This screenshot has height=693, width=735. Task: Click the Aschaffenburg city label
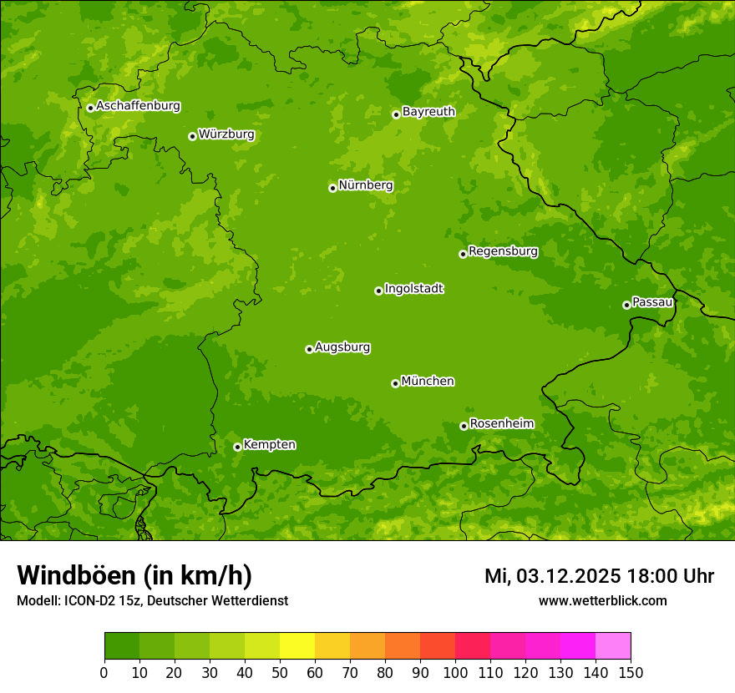[x=138, y=106]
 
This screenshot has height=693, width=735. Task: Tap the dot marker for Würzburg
[x=192, y=136]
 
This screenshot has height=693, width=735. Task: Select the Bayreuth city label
[x=428, y=112]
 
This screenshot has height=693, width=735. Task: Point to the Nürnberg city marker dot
[x=332, y=188]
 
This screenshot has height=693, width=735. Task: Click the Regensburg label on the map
[x=503, y=251]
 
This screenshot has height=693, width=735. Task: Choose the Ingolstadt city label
[x=413, y=289]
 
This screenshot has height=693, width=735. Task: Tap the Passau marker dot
[x=626, y=305]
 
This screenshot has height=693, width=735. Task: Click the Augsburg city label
[x=342, y=347]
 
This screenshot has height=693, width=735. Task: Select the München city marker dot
[x=395, y=383]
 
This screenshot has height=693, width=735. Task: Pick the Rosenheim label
[x=501, y=424]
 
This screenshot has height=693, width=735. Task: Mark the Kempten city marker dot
[x=237, y=447]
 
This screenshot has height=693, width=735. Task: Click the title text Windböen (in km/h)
[x=134, y=575]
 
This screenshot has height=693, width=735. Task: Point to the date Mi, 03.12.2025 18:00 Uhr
[x=599, y=576]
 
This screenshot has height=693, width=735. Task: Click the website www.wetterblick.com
[x=602, y=600]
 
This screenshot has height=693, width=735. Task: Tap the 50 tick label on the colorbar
[x=280, y=673]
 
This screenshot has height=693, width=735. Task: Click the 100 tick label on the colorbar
[x=455, y=673]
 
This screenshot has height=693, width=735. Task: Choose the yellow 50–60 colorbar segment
[x=297, y=645]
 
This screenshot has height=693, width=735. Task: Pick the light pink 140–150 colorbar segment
[x=613, y=645]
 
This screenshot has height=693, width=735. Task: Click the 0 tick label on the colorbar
[x=104, y=673]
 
